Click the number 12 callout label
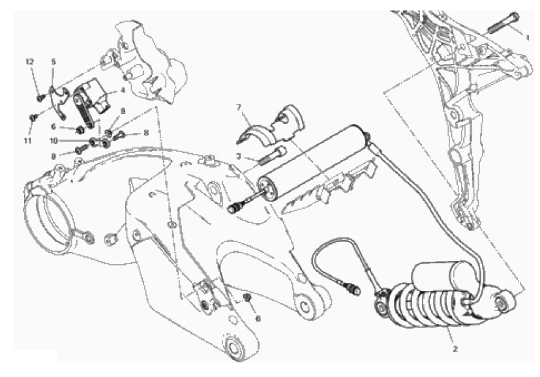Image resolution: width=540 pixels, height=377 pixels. pyautogui.click(x=30, y=62)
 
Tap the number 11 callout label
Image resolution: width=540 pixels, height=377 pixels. pyautogui.click(x=27, y=141)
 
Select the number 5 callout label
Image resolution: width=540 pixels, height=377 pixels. pyautogui.click(x=53, y=62)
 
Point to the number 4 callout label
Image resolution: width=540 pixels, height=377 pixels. pyautogui.click(x=123, y=91)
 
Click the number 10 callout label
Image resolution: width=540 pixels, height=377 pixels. pyautogui.click(x=53, y=141)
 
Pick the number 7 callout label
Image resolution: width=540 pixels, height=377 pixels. pyautogui.click(x=238, y=107)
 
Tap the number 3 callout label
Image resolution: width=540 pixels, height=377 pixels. pyautogui.click(x=238, y=157)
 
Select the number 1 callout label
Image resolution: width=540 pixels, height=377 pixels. pyautogui.click(x=527, y=38)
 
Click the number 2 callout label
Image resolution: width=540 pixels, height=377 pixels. pyautogui.click(x=455, y=349)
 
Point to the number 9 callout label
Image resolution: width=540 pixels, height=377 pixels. pyautogui.click(x=123, y=111)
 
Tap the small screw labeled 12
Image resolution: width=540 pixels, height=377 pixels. pyautogui.click(x=40, y=97)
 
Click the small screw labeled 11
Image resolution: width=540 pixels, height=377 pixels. pyautogui.click(x=33, y=117)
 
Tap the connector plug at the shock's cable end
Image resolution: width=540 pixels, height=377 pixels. pyautogui.click(x=353, y=288)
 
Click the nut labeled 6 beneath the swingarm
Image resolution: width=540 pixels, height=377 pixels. pyautogui.click(x=247, y=297)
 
